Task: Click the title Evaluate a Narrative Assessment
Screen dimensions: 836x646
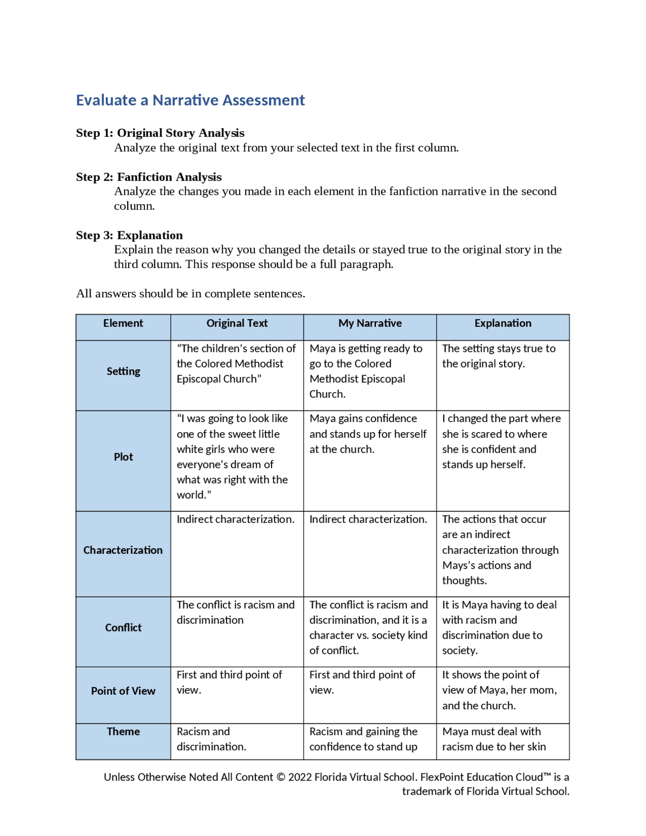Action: coord(190,100)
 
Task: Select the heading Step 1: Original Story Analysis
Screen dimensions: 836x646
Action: coord(160,133)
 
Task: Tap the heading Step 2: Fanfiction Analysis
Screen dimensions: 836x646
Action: coord(149,177)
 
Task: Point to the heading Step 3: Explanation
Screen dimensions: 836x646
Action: coord(129,235)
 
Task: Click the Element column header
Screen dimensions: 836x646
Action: coord(123,323)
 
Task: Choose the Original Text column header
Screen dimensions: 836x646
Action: coord(237,323)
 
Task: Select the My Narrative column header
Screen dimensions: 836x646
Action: coord(370,323)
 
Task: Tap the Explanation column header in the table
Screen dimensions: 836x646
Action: coord(503,323)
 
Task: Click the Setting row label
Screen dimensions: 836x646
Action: coord(123,371)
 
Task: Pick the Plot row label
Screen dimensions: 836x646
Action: coord(123,457)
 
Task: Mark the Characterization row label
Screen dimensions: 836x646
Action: coord(123,550)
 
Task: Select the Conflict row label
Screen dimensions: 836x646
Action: coord(123,628)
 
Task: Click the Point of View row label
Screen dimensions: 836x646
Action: coord(123,691)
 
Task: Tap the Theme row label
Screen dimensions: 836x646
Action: coord(123,731)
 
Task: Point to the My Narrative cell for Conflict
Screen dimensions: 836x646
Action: coord(368,628)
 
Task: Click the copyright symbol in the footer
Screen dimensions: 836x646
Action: coord(281,777)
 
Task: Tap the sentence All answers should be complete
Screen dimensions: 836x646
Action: coord(190,294)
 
